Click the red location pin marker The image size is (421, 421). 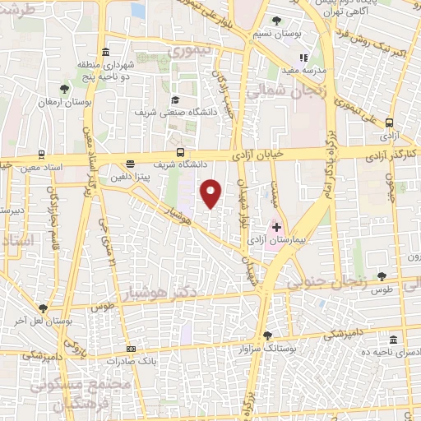[212, 193]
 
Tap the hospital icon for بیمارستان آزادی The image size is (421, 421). [277, 226]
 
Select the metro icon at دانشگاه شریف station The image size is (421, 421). [181, 152]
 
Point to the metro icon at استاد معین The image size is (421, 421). [42, 154]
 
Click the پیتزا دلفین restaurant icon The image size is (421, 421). [130, 164]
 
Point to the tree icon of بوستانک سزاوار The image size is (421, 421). [267, 335]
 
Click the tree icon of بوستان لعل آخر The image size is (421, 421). [42, 308]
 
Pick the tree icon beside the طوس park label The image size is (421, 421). [381, 277]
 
